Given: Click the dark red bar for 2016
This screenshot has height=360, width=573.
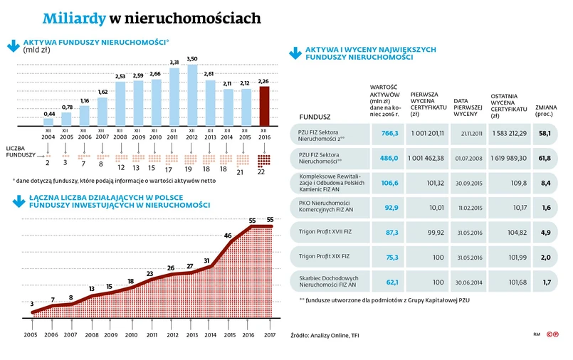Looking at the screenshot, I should click(264, 105).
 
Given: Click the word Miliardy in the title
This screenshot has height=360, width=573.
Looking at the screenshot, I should click(73, 18).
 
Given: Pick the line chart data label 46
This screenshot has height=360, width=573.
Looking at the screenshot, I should click(228, 235).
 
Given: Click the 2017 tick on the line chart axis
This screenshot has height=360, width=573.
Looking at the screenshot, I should click(271, 334).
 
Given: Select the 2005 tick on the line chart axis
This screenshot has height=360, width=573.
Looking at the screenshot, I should click(31, 334).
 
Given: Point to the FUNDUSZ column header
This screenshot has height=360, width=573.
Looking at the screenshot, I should click(315, 116).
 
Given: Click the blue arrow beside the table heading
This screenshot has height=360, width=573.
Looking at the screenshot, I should click(294, 53).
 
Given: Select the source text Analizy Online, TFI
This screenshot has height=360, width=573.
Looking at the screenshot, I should click(325, 334).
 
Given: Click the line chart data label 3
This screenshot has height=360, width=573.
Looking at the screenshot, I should click(31, 304).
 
